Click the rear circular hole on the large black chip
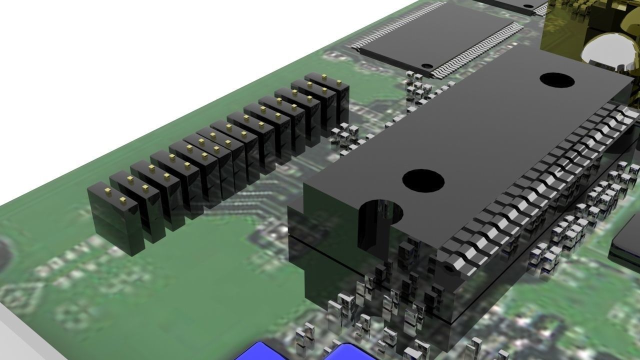point(556,80)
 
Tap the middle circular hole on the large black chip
point(423,180)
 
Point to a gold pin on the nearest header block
point(107,192)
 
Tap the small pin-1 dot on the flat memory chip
point(426,65)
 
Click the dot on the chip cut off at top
point(528,6)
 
